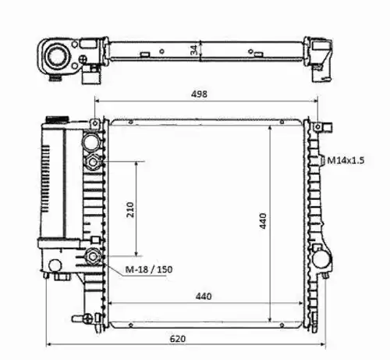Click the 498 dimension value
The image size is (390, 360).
199,94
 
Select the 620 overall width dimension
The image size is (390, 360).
178,339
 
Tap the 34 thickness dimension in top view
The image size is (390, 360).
193,50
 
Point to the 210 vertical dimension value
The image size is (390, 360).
129,209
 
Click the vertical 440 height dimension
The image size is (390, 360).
263,221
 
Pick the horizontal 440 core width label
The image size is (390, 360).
204,296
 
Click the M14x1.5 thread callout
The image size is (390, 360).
346,160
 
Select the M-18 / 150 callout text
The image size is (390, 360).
149,269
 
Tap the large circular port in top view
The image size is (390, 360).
58,56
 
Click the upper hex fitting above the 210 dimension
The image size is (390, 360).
93,162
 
